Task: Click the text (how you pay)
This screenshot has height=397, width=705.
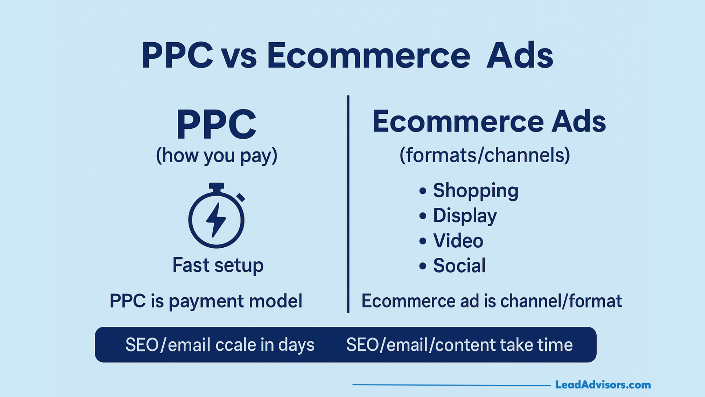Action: coord(217,156)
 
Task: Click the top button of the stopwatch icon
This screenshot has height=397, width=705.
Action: coord(217,187)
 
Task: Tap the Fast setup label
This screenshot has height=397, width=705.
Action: coord(218,265)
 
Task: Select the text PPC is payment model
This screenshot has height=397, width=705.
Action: coord(206,301)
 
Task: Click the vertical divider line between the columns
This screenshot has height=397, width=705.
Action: coord(348,204)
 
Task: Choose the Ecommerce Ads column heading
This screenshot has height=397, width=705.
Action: coord(489,121)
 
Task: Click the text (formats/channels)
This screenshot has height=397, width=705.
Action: coord(485,155)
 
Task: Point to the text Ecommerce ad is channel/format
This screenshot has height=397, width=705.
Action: coord(492,301)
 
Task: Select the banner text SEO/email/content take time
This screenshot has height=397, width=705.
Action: coord(459,345)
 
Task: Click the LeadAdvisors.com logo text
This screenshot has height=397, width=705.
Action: coord(603,385)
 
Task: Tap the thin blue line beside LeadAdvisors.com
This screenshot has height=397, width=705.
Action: coord(452,385)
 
